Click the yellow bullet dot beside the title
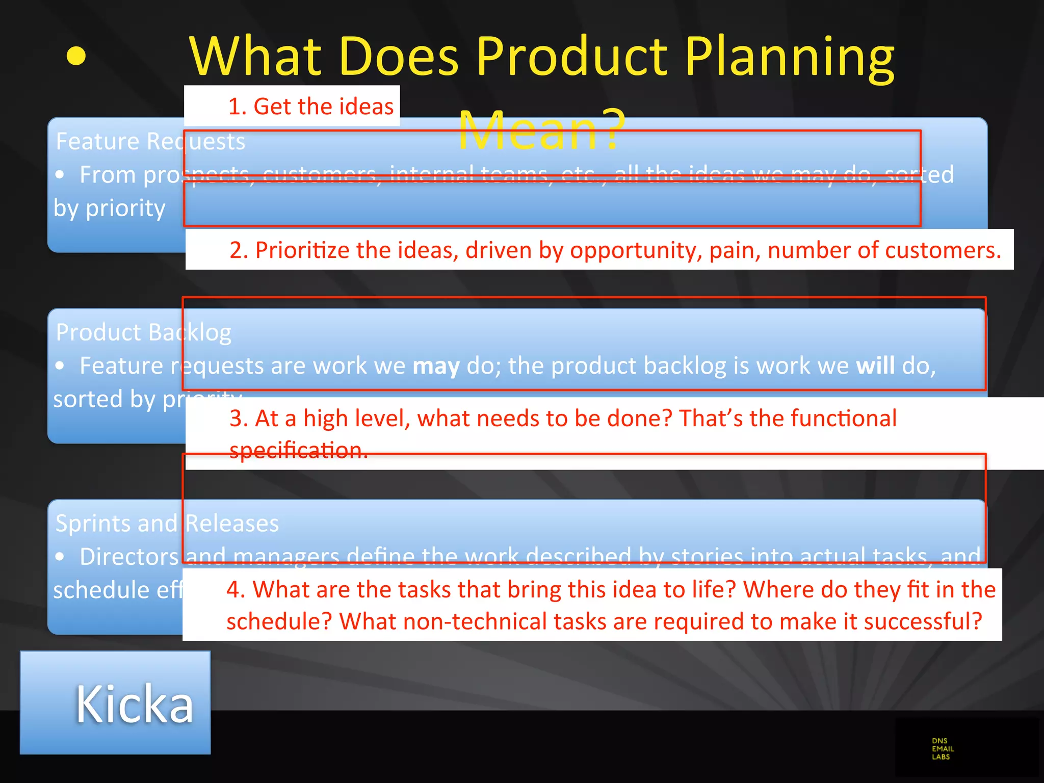(x=76, y=56)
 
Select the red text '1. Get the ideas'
(x=310, y=107)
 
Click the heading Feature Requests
(x=150, y=141)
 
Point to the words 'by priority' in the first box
(x=110, y=208)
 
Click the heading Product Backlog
(x=143, y=332)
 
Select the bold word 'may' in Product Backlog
(x=436, y=366)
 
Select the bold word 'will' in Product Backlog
(x=875, y=366)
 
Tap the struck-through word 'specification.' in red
(x=299, y=450)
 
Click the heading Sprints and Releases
(x=167, y=524)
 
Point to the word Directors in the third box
(x=129, y=557)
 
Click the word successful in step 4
(x=923, y=621)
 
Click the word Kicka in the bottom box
(x=135, y=704)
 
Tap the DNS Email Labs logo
(x=943, y=749)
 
